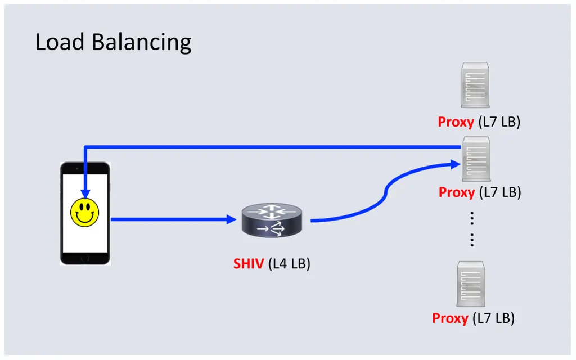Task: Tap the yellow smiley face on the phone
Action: (x=84, y=212)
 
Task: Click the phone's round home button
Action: (x=84, y=258)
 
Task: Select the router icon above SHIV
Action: (x=272, y=220)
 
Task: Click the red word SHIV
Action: (x=249, y=263)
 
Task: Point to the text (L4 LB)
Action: (x=290, y=263)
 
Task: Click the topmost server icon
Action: (x=475, y=85)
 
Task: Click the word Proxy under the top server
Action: (x=456, y=122)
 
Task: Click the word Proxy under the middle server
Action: (x=457, y=192)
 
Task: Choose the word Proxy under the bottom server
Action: (x=450, y=318)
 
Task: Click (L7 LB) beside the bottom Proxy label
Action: (x=493, y=318)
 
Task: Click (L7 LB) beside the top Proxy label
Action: (x=499, y=122)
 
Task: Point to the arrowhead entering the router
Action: (x=231, y=220)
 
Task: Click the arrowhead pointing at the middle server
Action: (x=456, y=164)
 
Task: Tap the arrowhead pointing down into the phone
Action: (x=84, y=193)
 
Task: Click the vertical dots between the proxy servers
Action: (x=471, y=229)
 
